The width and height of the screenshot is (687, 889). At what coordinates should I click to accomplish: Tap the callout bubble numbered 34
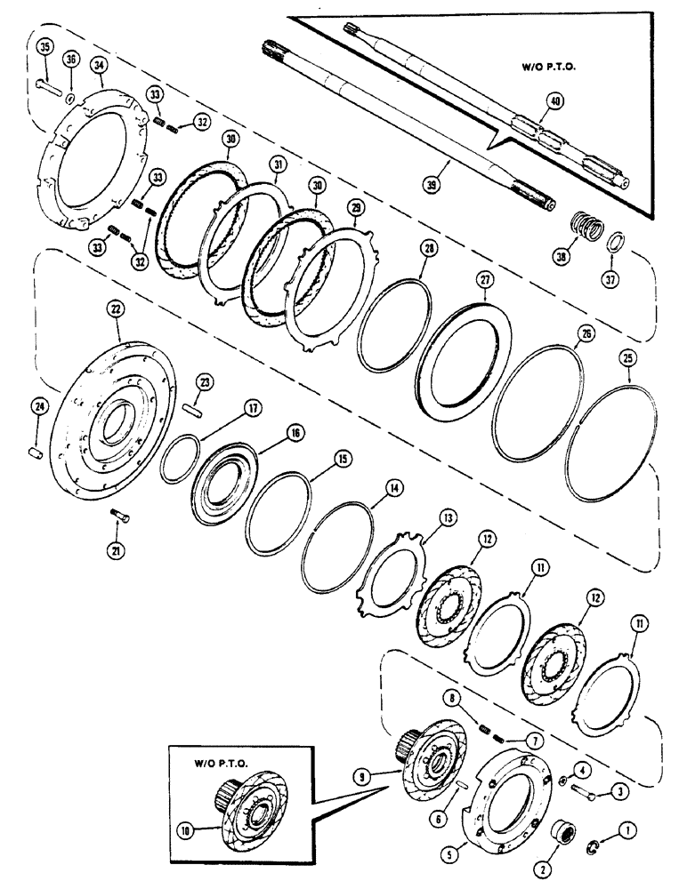pyautogui.click(x=99, y=65)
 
